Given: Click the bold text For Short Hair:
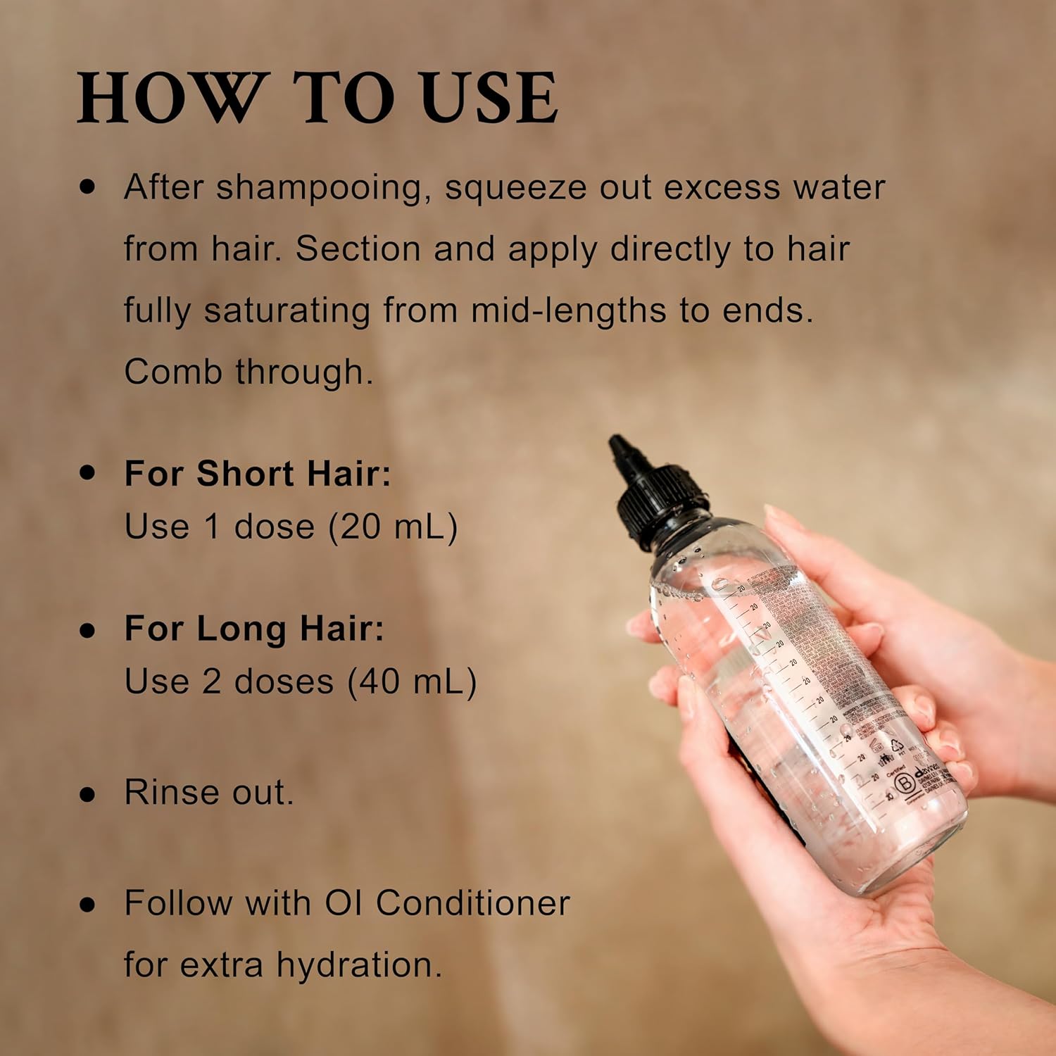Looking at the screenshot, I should [x=257, y=473].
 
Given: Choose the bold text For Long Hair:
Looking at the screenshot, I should [x=254, y=628].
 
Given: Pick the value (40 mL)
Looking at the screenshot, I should [x=412, y=681].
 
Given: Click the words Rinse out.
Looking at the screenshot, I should [x=209, y=792].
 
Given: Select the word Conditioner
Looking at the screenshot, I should [x=472, y=903].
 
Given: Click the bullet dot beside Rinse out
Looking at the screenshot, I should [x=87, y=793].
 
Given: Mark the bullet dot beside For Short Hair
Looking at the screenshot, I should [x=87, y=473].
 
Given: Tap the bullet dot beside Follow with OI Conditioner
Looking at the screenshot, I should [x=87, y=904].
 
